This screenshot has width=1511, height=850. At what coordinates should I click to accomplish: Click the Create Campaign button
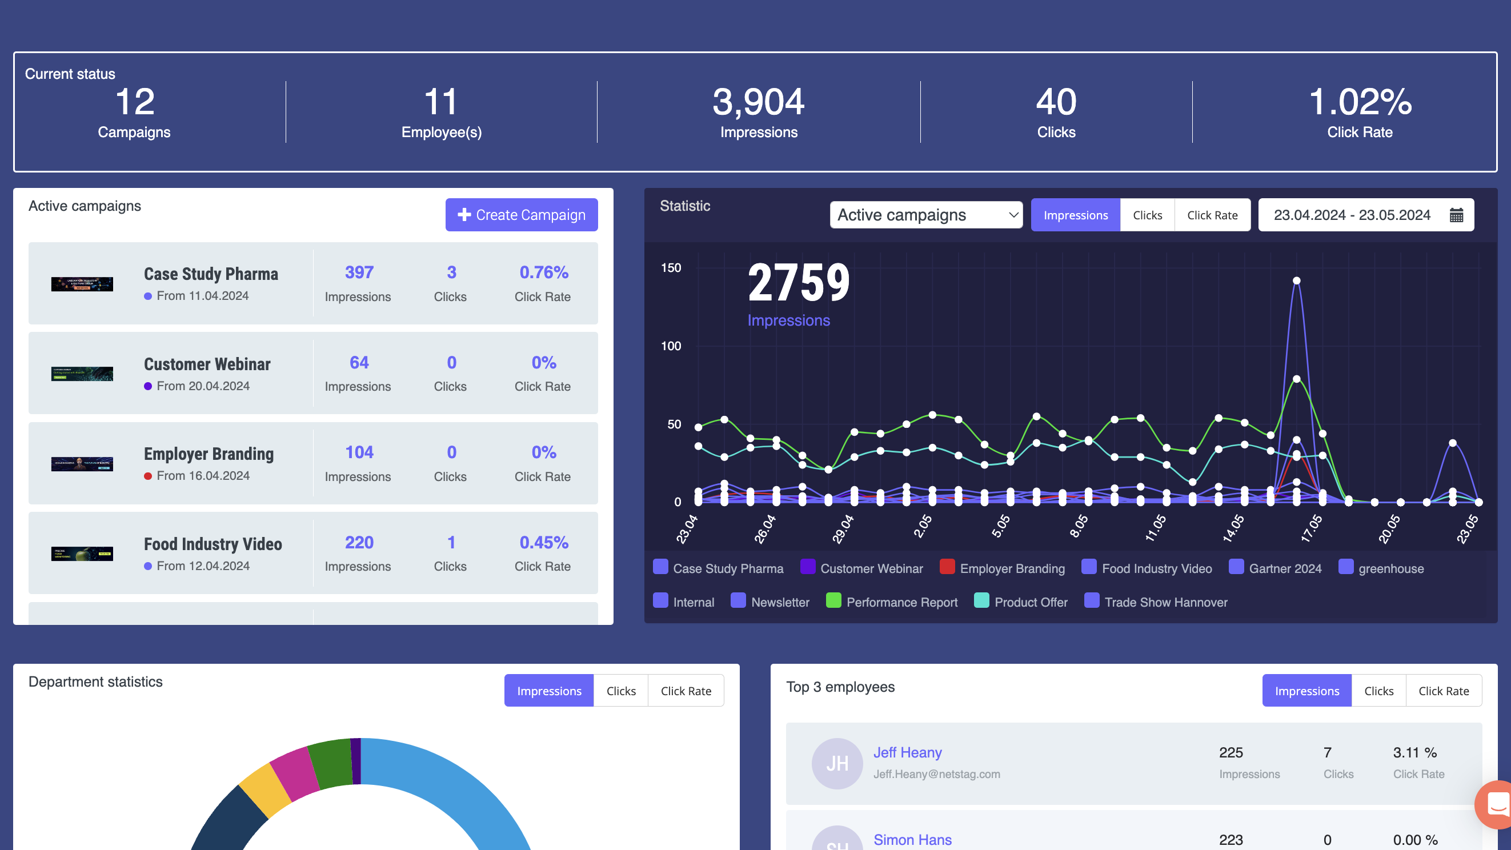[521, 215]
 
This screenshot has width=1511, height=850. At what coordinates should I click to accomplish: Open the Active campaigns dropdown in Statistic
[925, 215]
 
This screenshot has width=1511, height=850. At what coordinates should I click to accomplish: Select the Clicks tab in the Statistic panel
[1147, 215]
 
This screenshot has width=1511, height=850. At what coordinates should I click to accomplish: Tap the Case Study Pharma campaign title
[211, 274]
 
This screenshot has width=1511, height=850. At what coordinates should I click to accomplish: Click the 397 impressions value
[358, 272]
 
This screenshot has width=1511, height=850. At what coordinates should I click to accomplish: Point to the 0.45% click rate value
[543, 543]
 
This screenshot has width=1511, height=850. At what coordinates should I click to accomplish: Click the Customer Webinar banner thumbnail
[82, 374]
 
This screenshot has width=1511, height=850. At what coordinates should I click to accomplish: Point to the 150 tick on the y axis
[671, 268]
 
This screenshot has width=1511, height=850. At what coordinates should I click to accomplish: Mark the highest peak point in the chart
[1296, 280]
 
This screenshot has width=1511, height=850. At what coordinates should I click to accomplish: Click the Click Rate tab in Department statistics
[685, 691]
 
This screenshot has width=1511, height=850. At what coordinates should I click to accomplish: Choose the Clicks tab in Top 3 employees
[1378, 691]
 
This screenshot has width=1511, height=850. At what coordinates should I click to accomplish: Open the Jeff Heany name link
[907, 752]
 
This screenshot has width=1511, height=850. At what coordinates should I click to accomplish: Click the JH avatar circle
[837, 763]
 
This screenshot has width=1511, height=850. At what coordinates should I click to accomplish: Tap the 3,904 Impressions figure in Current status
[759, 103]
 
